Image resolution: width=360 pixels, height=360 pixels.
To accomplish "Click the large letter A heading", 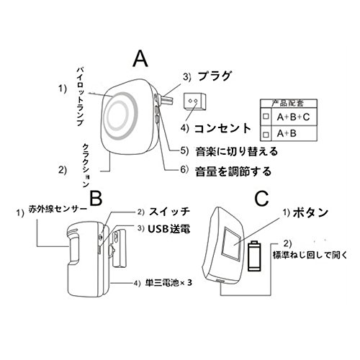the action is tap(140, 59).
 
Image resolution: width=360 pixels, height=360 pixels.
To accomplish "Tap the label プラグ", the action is tap(214, 76).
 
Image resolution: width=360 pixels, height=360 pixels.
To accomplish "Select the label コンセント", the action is tap(222, 128).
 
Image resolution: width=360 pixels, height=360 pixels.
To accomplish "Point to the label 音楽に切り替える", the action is tap(236, 151).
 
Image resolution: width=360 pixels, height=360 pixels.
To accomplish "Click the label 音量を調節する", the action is tap(233, 171).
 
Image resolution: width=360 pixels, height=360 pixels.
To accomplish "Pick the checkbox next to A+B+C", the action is tap(266, 117).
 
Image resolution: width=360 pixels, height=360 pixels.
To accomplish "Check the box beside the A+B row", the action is tap(266, 134).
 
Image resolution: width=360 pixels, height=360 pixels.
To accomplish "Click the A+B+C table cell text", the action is tap(293, 117).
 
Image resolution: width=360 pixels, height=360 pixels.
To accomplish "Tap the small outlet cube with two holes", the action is tap(194, 102).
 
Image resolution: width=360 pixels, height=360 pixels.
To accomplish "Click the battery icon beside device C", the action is tap(254, 256).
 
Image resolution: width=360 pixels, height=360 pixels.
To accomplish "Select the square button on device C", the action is tap(231, 244).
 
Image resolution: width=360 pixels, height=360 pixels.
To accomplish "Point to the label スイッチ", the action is tap(169, 212).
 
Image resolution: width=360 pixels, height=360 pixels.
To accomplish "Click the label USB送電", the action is tap(169, 229).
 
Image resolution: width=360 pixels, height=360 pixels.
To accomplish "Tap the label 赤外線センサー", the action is tap(58, 209).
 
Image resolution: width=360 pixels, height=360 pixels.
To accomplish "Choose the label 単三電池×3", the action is tap(168, 283).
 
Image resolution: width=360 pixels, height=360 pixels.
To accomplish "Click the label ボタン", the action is tap(310, 212).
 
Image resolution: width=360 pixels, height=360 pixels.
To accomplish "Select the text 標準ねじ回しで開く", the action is tap(310, 255).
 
